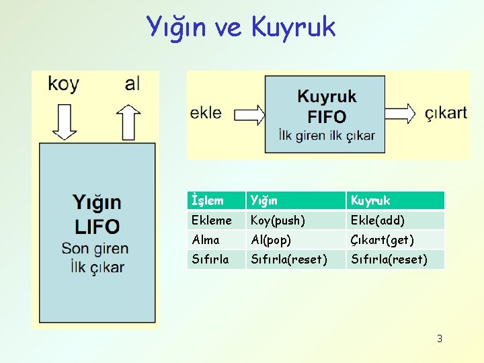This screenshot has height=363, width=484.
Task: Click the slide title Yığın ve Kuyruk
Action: (241, 27)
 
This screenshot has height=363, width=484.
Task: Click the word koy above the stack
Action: (64, 84)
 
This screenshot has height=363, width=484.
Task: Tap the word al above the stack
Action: (132, 84)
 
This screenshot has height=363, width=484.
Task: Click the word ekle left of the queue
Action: (206, 112)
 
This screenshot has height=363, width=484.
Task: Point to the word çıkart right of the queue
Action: (446, 112)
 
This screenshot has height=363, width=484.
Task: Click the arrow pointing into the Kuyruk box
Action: (243, 112)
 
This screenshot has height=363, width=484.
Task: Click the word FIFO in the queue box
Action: (327, 116)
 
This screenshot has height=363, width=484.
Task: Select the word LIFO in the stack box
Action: (97, 227)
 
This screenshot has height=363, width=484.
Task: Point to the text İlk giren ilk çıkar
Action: (327, 135)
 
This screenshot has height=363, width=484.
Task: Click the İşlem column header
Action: (208, 200)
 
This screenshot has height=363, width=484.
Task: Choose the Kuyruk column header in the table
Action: (370, 200)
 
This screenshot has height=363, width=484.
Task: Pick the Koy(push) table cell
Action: (278, 220)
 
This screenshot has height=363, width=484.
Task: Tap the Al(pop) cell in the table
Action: (271, 239)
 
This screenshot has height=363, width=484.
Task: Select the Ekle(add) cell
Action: (377, 220)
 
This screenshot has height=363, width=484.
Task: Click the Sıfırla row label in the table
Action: (210, 259)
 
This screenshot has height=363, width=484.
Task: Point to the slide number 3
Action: (440, 339)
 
